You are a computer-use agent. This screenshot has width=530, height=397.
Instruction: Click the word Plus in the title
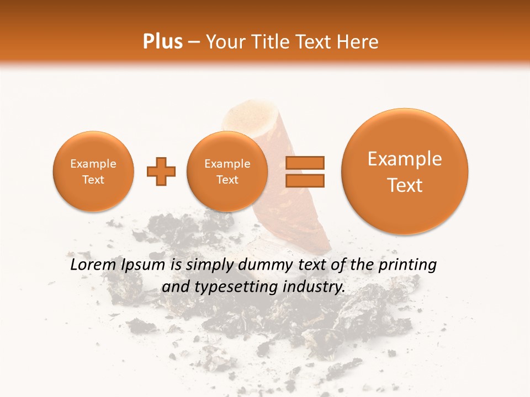point(162,42)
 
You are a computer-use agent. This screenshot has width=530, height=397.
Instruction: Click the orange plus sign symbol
point(161,171)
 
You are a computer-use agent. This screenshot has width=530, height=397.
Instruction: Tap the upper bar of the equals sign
point(305,163)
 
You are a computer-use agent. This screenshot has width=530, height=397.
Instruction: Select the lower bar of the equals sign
point(305,180)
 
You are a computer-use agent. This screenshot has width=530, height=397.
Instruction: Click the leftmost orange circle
point(93,171)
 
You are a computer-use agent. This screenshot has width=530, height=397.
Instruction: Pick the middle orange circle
point(227,171)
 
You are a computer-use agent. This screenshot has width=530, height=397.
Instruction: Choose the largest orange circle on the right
point(405,171)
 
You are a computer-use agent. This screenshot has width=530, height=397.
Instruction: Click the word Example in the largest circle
point(405,159)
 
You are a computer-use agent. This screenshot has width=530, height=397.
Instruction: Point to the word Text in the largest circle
point(405,185)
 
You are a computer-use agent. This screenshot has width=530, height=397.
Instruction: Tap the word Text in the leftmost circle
point(93,180)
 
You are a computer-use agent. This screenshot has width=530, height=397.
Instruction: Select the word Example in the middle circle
point(227,164)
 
